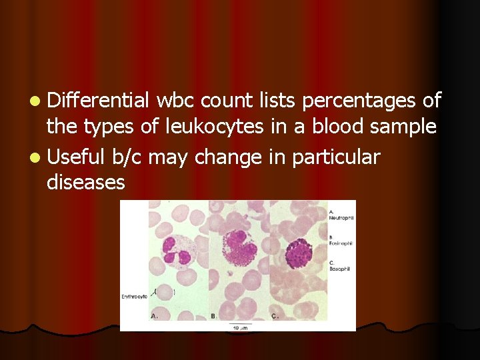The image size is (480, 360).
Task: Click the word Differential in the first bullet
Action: pos(99,101)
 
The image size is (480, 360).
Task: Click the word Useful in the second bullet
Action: pos(76,157)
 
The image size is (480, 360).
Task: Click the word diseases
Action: pos(86,182)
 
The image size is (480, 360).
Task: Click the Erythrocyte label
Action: pos(134,297)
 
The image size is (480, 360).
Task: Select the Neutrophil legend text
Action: pos(341,218)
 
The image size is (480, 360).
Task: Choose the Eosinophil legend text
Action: pos(341,243)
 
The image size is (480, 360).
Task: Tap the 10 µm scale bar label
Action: pos(237,327)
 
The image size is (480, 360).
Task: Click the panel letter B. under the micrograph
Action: pos(213,315)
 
